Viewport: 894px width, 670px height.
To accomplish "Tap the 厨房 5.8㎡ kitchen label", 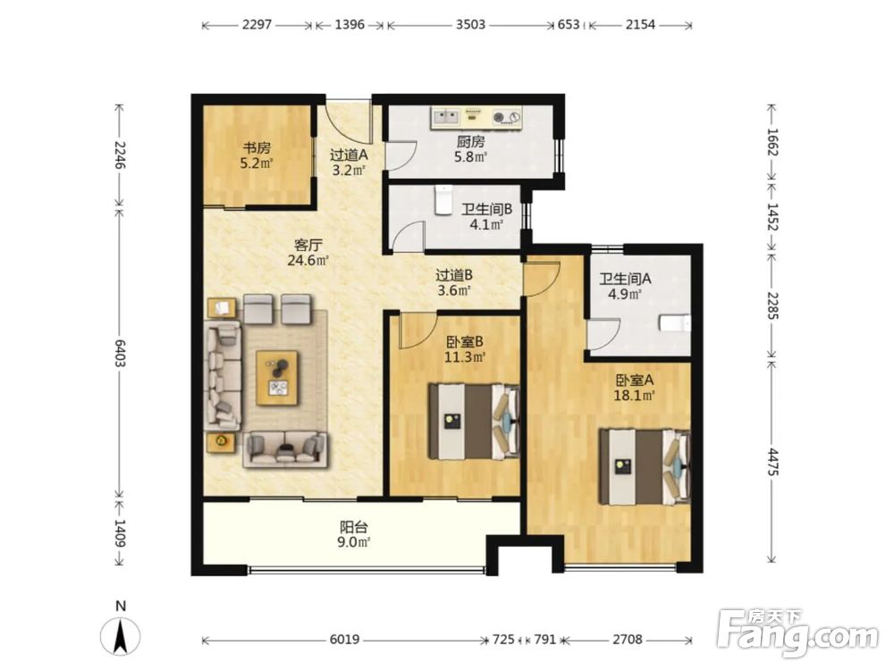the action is coord(470,148).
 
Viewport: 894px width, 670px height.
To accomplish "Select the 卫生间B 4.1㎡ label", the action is coord(486,216).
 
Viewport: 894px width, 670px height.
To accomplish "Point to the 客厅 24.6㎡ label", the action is coord(308,253).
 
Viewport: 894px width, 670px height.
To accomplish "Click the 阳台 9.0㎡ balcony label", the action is coord(353,534).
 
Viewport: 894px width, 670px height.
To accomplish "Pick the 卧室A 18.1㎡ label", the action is coord(634,388).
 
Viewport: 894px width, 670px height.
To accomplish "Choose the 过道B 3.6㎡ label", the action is coord(454,282).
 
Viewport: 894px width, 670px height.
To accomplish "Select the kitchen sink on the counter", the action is coord(446,117).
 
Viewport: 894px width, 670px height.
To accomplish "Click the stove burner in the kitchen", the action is coord(506,117).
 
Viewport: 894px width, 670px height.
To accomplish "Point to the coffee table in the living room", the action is coord(277,378).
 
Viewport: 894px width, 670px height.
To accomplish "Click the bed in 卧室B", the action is coord(475,422).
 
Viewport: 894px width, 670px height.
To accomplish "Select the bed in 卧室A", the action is coord(645,466).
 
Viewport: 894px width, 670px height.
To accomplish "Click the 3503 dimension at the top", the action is coord(470,24).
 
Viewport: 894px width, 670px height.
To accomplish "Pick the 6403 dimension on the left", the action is coord(120,353).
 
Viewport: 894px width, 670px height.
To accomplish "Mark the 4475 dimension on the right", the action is coord(772,462).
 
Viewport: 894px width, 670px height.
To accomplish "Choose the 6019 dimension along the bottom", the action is coord(344,640).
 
